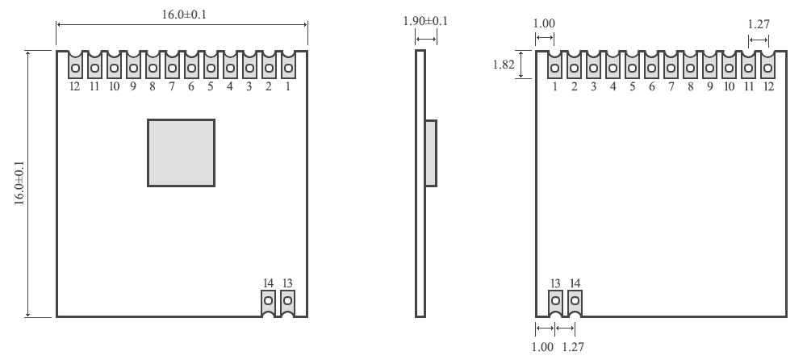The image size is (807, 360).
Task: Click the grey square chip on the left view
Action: pos(181,153)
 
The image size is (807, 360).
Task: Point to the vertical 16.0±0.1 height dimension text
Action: pos(19,183)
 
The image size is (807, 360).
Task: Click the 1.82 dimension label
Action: pos(504,64)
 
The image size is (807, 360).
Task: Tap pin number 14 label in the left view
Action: pos(268,283)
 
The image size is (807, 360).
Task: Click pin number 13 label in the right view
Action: pos(555,283)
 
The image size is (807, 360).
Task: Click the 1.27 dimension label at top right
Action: pos(759,24)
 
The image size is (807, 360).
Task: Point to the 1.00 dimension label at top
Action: pos(545,25)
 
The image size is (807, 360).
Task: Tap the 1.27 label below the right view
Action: pos(572,347)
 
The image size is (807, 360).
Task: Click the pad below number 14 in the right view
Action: pos(575,302)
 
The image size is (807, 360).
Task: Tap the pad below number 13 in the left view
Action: pos(287,302)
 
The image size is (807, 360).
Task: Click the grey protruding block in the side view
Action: pos(431,153)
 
